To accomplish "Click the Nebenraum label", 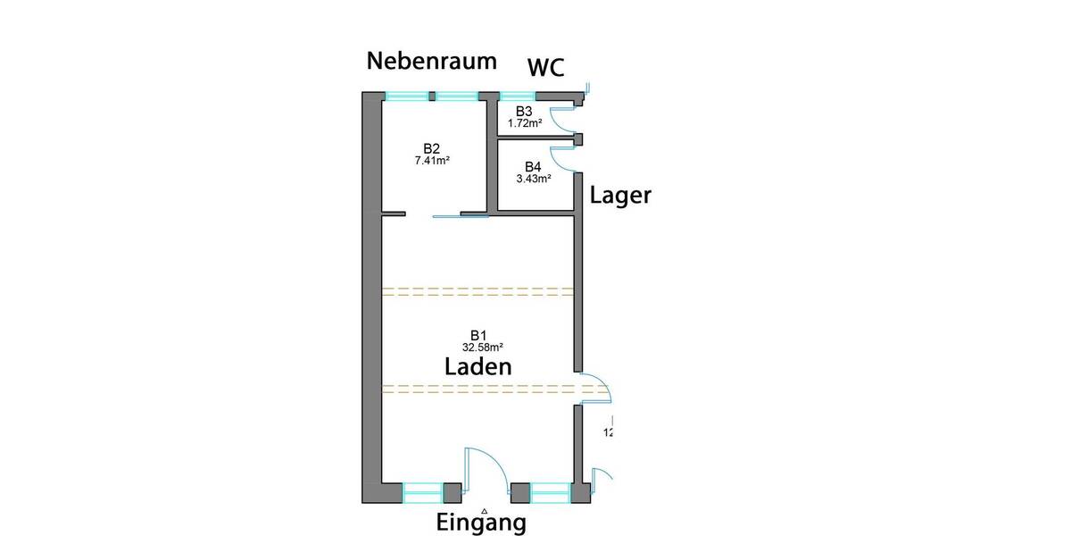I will coord(432,62).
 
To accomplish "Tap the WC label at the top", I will coord(545,69).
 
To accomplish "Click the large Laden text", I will coord(478,366).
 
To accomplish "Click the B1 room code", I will coord(478,334).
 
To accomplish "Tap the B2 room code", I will coord(432,148).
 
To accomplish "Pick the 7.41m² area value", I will coord(432,161).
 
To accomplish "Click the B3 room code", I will coord(524,111).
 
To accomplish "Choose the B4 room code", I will coord(533,167).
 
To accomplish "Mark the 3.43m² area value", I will coord(533,179).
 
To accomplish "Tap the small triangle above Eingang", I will coord(483,511).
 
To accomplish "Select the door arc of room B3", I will coord(560,119).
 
